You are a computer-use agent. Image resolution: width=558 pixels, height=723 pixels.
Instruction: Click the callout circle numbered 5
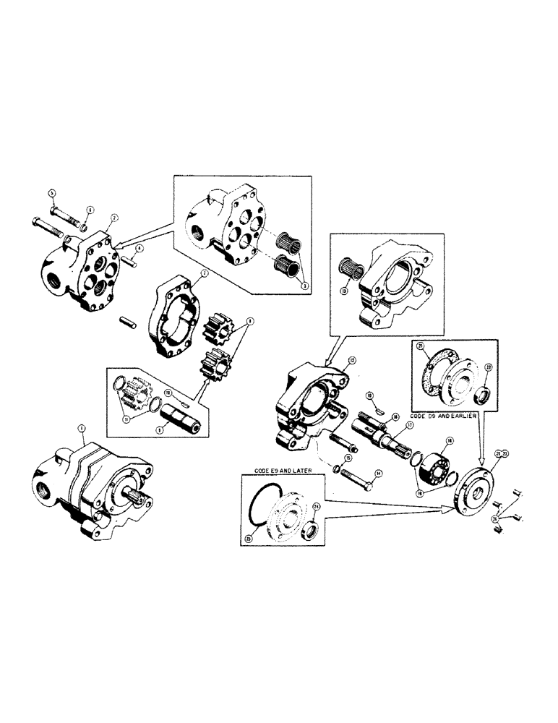pyautogui.click(x=52, y=192)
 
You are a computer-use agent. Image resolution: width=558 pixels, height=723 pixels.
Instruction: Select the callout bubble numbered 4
pyautogui.click(x=139, y=248)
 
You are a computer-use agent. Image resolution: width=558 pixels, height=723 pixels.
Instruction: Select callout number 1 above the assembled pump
pyautogui.click(x=82, y=429)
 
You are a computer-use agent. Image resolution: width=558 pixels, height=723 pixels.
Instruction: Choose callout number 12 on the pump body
pyautogui.click(x=352, y=359)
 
